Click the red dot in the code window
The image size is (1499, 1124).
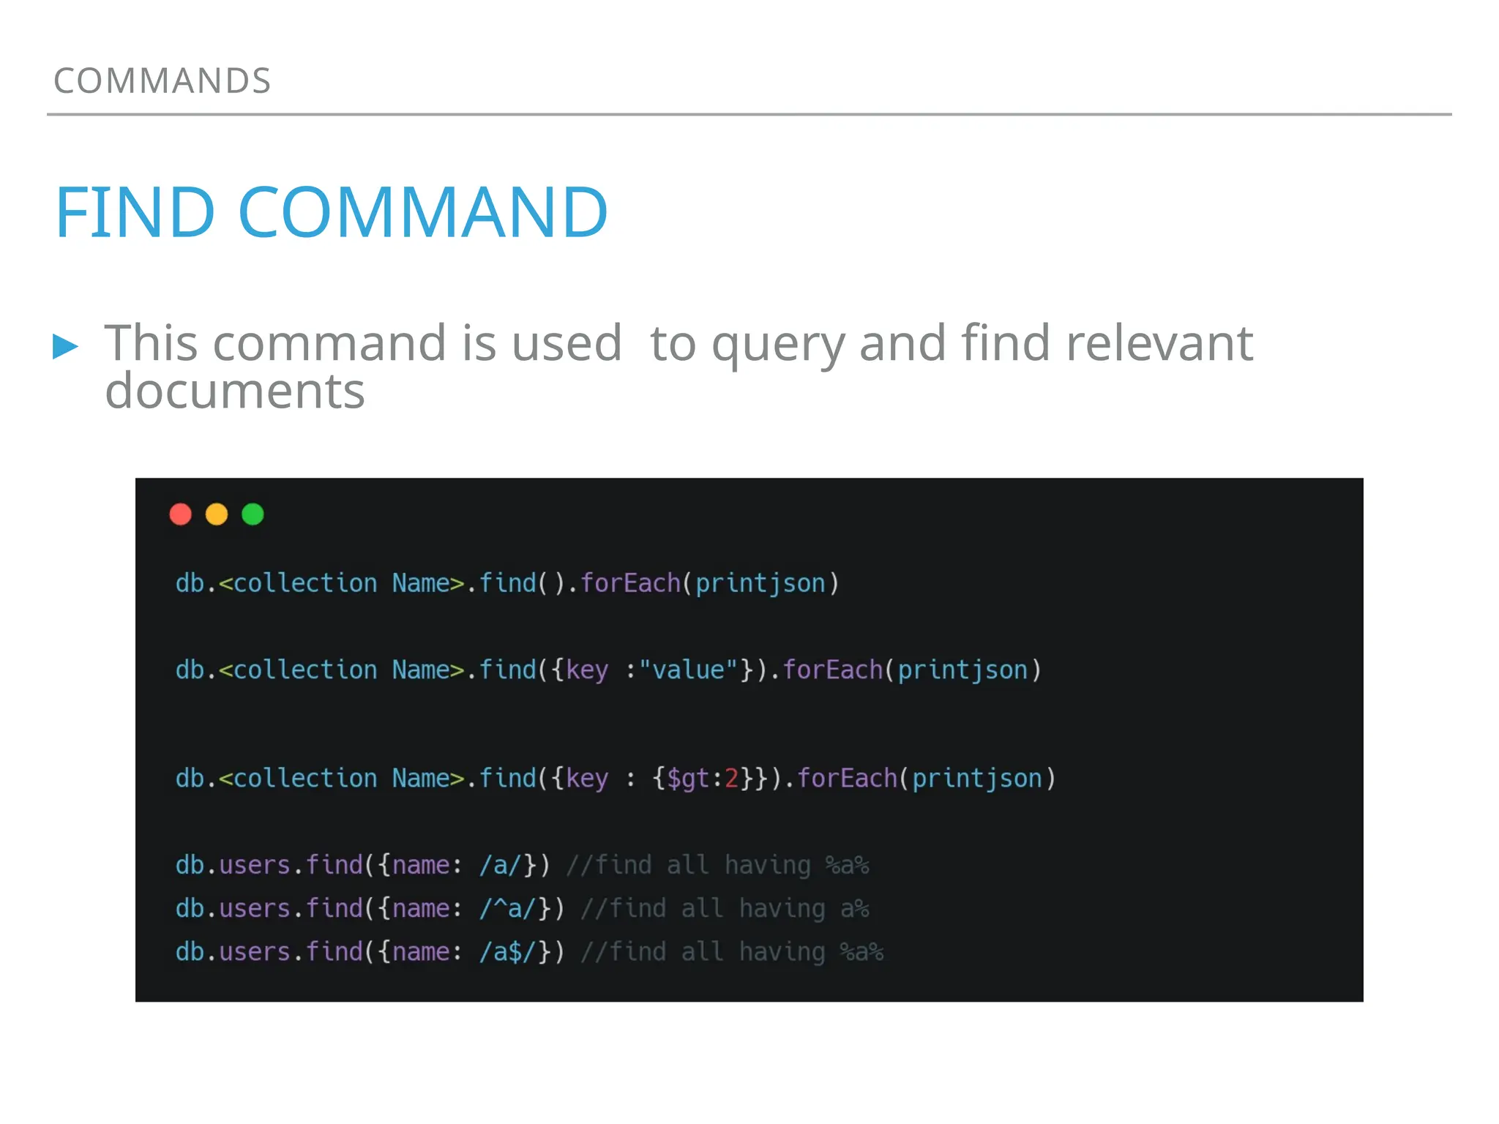pyautogui.click(x=180, y=514)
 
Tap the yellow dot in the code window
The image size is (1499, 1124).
pyautogui.click(x=217, y=514)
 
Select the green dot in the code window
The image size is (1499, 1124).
pyautogui.click(x=253, y=514)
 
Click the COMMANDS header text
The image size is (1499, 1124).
pyautogui.click(x=162, y=80)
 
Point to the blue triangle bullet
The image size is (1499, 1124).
pyautogui.click(x=65, y=346)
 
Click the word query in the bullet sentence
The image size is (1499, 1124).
pyautogui.click(x=779, y=344)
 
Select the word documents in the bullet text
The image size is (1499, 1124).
pyautogui.click(x=234, y=391)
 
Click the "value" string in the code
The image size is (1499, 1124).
pyautogui.click(x=688, y=670)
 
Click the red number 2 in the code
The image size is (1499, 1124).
pyautogui.click(x=731, y=779)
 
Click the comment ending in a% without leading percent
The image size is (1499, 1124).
pyautogui.click(x=725, y=909)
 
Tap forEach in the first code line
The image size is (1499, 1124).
pyautogui.click(x=630, y=584)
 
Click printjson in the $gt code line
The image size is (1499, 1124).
pyautogui.click(x=976, y=779)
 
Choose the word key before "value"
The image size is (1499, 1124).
pyautogui.click(x=587, y=670)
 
